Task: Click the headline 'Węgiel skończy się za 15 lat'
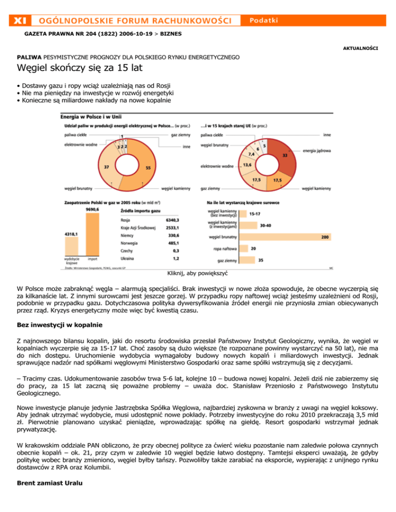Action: click(x=80, y=67)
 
